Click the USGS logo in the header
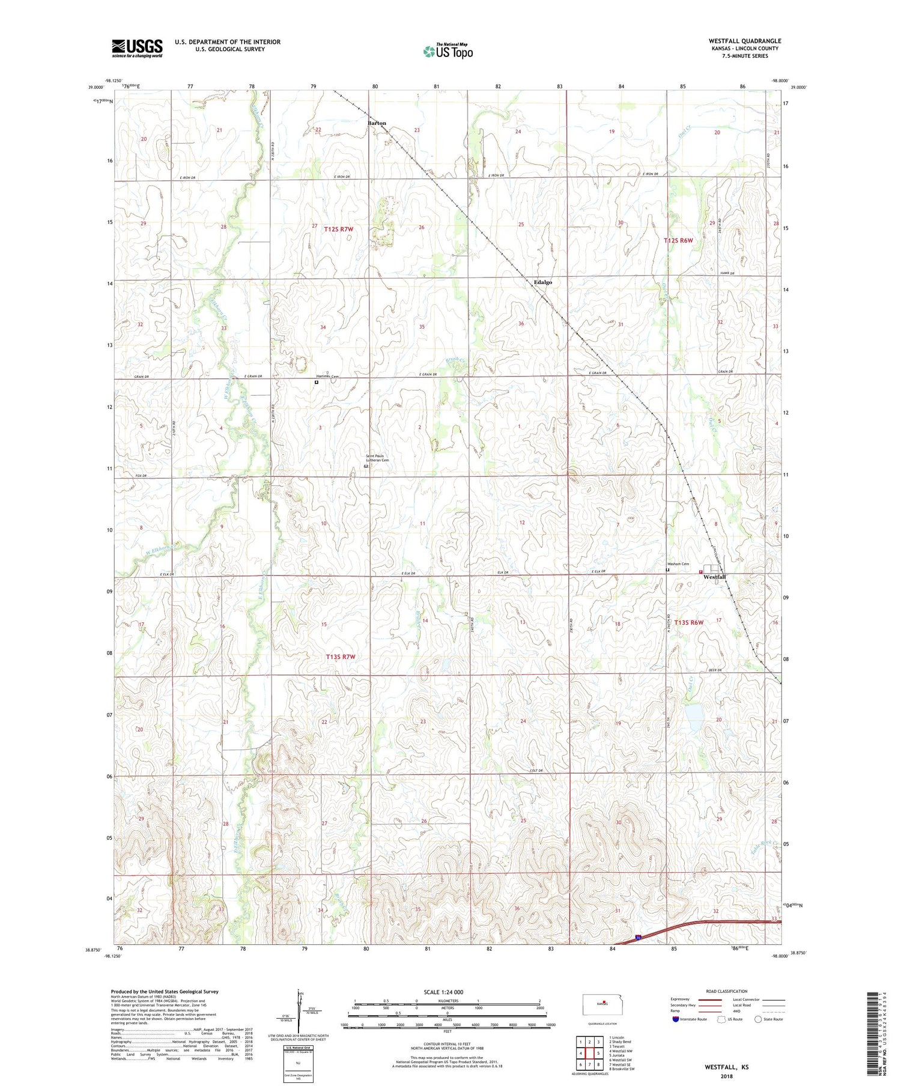tap(137, 48)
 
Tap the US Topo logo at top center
tap(448, 51)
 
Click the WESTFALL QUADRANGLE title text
tap(744, 41)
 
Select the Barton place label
tap(377, 123)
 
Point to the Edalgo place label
tap(542, 282)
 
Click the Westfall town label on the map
tap(714, 577)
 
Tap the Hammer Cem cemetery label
tap(327, 376)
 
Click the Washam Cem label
tap(678, 564)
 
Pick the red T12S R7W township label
tap(339, 229)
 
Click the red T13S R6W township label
tap(688, 622)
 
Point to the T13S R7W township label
tap(341, 657)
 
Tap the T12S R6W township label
tap(678, 240)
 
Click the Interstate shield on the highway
tap(637, 936)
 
